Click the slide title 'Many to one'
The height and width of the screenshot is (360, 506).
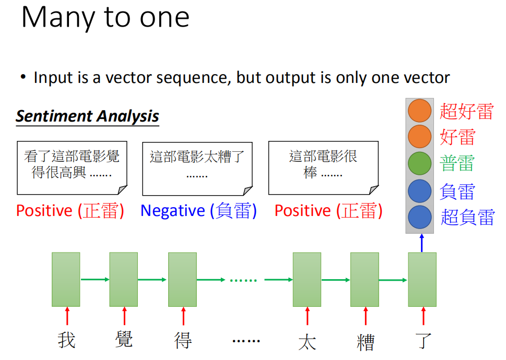pyautogui.click(x=105, y=18)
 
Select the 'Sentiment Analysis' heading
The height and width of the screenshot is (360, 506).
pyautogui.click(x=87, y=116)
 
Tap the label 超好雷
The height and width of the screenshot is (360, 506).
pyautogui.click(x=467, y=111)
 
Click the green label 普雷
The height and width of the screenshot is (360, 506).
pyautogui.click(x=457, y=163)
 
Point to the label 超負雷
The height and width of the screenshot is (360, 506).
pyautogui.click(x=467, y=217)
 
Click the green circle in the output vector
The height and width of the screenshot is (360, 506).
pyautogui.click(x=419, y=163)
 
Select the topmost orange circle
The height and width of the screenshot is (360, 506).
pyautogui.click(x=419, y=111)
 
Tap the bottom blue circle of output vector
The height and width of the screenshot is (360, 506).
pyautogui.click(x=419, y=217)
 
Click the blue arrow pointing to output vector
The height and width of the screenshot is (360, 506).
pyautogui.click(x=422, y=243)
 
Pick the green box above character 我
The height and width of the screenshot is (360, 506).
pyautogui.click(x=66, y=280)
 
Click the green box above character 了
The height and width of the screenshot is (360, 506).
pyautogui.click(x=422, y=280)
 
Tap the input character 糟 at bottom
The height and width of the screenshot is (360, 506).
pyautogui.click(x=366, y=342)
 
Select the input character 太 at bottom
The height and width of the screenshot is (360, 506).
pyautogui.click(x=307, y=342)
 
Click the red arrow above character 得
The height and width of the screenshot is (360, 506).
pyautogui.click(x=183, y=316)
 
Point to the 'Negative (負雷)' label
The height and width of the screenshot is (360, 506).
pyautogui.click(x=198, y=211)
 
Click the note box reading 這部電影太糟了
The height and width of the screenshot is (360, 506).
pyautogui.click(x=197, y=169)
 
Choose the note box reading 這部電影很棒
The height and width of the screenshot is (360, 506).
pyautogui.click(x=323, y=168)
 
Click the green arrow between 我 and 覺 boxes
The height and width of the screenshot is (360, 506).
pyautogui.click(x=95, y=280)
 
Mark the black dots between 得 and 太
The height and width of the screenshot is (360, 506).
pyautogui.click(x=246, y=341)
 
